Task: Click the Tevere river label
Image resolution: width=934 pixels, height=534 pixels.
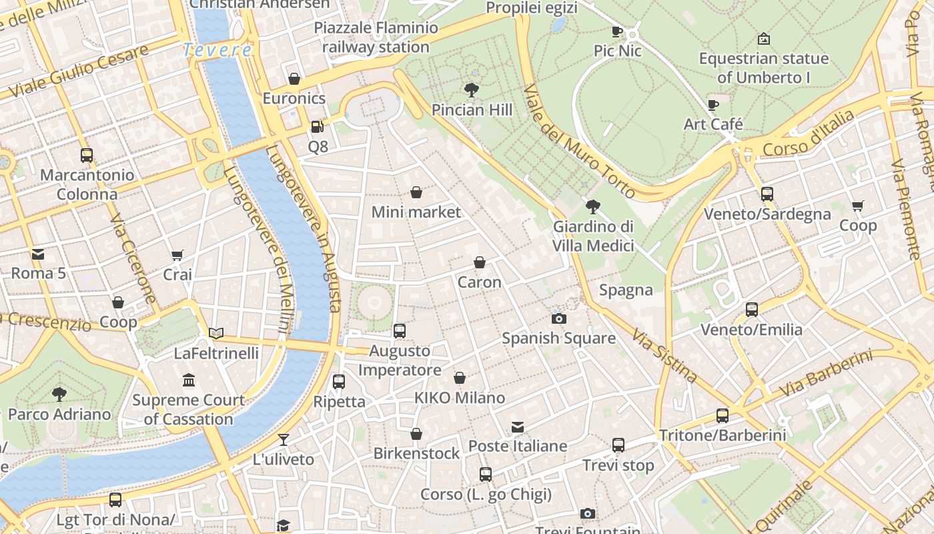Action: click(x=217, y=50)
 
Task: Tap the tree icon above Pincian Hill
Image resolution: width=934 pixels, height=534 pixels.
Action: click(x=472, y=89)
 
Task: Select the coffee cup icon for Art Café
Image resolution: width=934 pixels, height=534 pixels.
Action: click(x=713, y=105)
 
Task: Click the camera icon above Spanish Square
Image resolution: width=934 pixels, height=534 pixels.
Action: click(x=559, y=318)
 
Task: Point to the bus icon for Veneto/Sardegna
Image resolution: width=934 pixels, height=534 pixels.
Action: click(x=767, y=194)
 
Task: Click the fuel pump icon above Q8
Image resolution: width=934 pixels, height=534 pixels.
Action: click(x=318, y=126)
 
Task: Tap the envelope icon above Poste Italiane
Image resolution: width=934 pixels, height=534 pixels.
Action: click(x=518, y=427)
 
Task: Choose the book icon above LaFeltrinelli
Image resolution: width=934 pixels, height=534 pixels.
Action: click(x=216, y=333)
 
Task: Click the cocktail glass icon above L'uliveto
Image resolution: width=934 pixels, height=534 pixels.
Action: click(x=284, y=439)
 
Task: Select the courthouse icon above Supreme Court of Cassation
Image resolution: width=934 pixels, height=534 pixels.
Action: click(x=189, y=380)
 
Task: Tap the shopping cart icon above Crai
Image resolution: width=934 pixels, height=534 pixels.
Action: click(x=177, y=255)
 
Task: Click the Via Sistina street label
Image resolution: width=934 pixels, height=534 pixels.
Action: click(x=664, y=355)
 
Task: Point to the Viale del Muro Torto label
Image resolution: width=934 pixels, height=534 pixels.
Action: click(x=578, y=141)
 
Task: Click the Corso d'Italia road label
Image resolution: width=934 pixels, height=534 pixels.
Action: click(x=808, y=133)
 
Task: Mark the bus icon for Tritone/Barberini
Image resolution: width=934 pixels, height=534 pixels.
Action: click(x=722, y=416)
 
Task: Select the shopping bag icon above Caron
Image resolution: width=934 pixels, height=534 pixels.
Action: click(x=479, y=262)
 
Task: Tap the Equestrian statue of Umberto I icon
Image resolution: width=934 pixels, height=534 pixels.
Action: click(x=764, y=39)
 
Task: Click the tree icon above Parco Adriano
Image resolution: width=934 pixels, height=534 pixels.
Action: click(x=59, y=394)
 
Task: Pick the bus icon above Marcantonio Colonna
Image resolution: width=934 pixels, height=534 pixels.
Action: click(x=86, y=156)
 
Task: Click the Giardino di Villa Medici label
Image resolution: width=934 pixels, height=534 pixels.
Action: click(x=593, y=236)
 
